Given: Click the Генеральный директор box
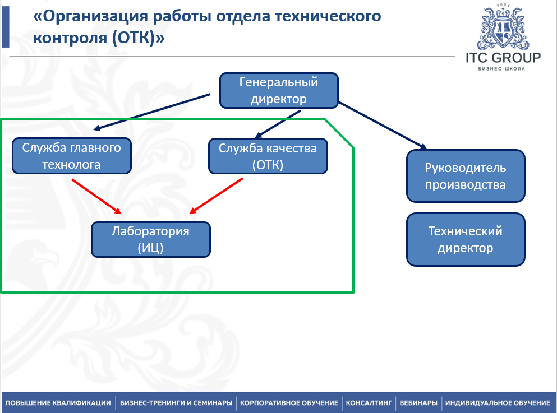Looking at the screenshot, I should click(x=279, y=90).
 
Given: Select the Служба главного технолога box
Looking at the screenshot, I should click(x=71, y=156).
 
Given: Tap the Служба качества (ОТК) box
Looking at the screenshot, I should click(x=268, y=156).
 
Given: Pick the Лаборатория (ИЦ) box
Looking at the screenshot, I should click(x=151, y=239).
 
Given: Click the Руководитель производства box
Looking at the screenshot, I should click(x=466, y=176).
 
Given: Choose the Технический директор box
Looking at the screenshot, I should click(x=466, y=239).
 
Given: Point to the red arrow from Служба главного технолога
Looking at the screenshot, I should click(x=96, y=196).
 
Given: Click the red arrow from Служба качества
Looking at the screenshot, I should click(x=217, y=196).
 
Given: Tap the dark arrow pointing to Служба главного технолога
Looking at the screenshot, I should click(x=151, y=112).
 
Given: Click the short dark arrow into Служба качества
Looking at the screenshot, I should click(x=278, y=123).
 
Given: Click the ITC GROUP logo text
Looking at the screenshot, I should click(x=503, y=58).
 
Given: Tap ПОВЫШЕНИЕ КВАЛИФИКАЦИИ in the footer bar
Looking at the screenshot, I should click(x=58, y=403).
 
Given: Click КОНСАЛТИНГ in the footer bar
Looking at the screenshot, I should click(x=369, y=403).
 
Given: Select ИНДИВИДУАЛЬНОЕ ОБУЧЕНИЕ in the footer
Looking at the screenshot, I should click(x=498, y=403).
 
